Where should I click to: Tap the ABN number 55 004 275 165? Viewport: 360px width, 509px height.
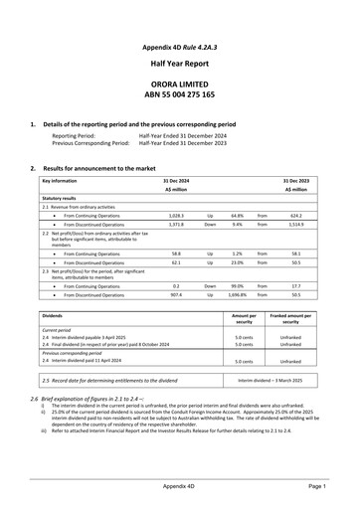click(181, 101)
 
